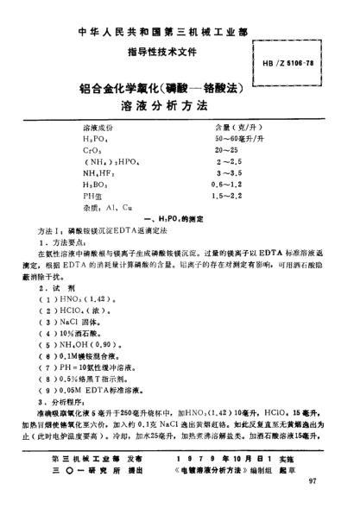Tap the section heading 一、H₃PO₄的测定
click(180, 219)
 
